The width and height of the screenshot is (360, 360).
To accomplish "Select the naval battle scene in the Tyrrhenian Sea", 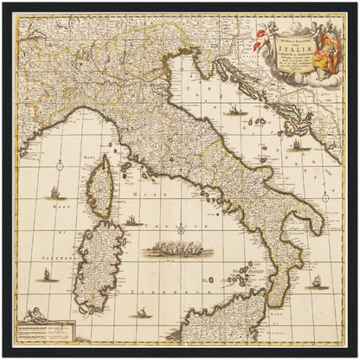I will [179, 252].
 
